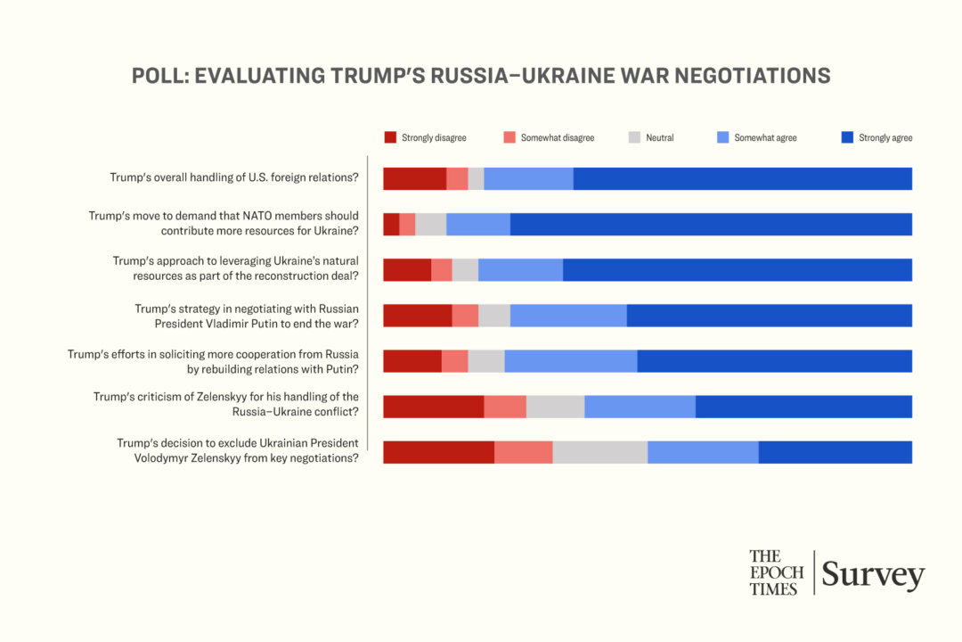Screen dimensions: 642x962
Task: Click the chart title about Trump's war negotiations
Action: coord(481,76)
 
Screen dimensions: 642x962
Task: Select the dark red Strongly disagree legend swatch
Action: coord(390,137)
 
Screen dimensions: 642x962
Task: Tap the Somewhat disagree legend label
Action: coord(557,138)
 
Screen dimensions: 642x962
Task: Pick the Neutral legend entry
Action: coord(659,138)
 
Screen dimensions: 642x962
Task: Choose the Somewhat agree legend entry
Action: coord(765,138)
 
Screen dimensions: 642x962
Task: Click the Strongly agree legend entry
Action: coord(885,138)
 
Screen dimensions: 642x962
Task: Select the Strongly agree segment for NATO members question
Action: coord(711,224)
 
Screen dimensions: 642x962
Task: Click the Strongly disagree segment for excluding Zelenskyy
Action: coord(438,452)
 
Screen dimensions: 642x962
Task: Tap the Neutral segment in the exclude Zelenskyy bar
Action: coord(599,452)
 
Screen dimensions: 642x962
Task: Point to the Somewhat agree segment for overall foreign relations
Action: coord(528,178)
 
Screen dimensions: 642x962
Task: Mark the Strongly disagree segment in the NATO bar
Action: coord(391,224)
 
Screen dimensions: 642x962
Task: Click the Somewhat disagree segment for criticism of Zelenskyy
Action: coord(505,407)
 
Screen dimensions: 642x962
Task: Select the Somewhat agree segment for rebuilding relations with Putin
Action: coord(571,361)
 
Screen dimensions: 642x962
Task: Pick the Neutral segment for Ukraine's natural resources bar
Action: coord(465,269)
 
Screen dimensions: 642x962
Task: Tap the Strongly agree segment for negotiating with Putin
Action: coord(770,316)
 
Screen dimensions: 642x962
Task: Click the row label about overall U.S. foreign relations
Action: coord(234,177)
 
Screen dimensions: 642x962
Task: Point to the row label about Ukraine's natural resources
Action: coord(235,268)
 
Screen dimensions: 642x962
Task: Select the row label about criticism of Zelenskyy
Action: coord(226,404)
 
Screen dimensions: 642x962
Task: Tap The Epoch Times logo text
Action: coord(776,572)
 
